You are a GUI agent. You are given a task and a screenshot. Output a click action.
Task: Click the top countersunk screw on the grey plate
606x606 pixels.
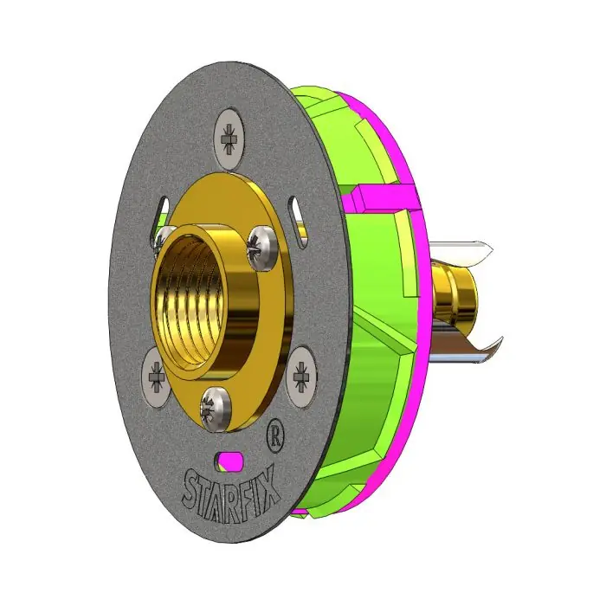coord(229,139)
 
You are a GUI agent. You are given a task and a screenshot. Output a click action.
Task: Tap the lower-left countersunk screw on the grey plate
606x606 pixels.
coord(156,377)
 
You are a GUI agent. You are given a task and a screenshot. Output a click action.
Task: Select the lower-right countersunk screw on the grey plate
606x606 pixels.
coord(301,376)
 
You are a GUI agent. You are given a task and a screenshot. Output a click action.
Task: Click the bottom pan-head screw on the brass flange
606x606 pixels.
coord(216,408)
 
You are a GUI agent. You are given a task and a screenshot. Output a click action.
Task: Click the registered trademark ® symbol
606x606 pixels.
coord(275,437)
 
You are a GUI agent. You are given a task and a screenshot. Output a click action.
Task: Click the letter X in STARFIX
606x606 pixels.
coord(270,484)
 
